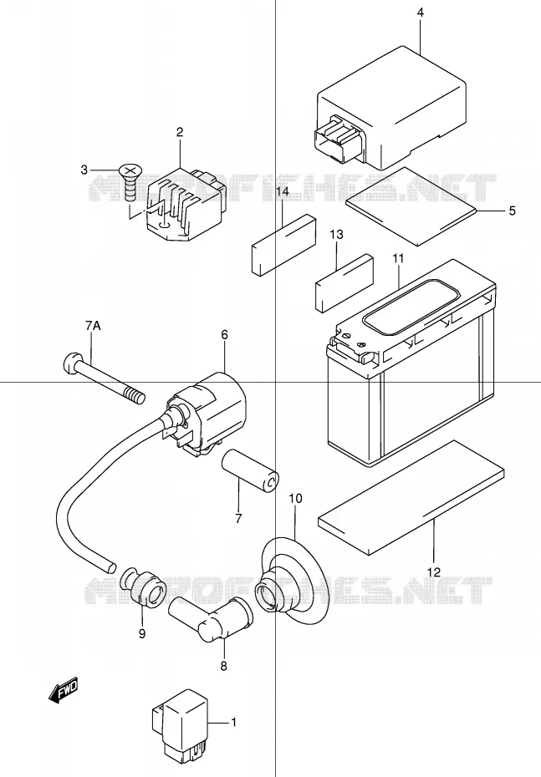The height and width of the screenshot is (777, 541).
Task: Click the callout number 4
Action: pyautogui.click(x=420, y=13)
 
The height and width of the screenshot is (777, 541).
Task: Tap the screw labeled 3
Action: pyautogui.click(x=130, y=181)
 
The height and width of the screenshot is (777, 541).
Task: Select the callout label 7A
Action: pyautogui.click(x=92, y=326)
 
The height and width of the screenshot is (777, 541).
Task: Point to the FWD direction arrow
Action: pyautogui.click(x=64, y=689)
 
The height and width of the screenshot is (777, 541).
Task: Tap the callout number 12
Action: pyautogui.click(x=433, y=572)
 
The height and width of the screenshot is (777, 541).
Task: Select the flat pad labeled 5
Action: pyautogui.click(x=410, y=206)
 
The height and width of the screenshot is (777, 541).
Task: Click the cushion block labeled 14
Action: pyautogui.click(x=283, y=244)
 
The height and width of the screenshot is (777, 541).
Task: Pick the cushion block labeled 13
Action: pyautogui.click(x=345, y=283)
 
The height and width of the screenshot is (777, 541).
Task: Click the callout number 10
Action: pyautogui.click(x=295, y=498)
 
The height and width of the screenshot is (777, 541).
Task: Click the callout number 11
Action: pyautogui.click(x=398, y=258)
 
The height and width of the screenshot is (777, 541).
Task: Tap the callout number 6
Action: pyautogui.click(x=224, y=335)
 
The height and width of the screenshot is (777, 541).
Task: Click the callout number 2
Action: pyautogui.click(x=180, y=132)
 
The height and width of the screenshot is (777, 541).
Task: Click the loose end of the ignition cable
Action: pyautogui.click(x=110, y=565)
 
